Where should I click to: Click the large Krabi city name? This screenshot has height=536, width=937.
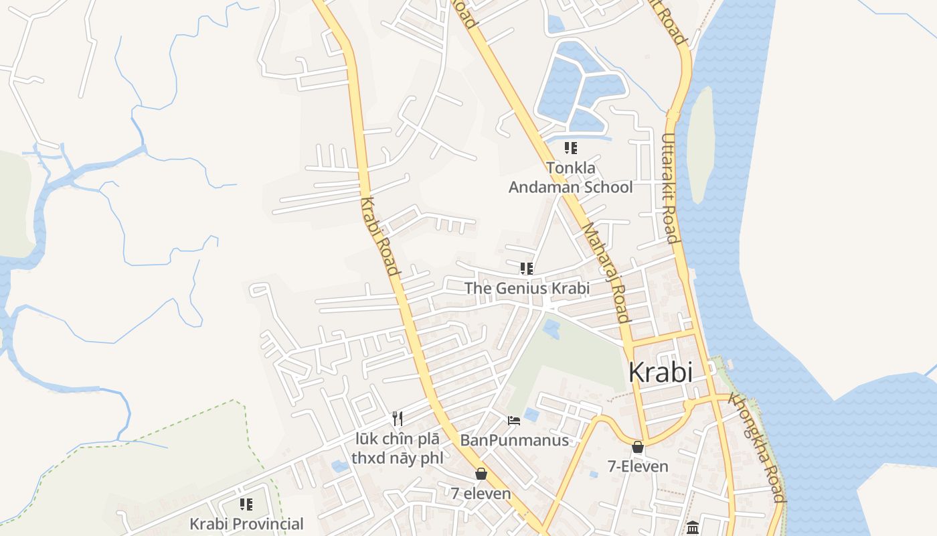tap(660, 373)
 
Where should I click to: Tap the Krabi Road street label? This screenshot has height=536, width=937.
tap(379, 237)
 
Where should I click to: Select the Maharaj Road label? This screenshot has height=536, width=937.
tap(606, 273)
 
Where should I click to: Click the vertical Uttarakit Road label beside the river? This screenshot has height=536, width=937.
tap(670, 188)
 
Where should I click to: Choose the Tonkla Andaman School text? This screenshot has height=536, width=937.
tap(570, 178)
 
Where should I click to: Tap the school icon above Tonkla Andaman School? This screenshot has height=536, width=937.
tap(570, 147)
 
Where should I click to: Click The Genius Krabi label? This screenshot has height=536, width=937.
tap(527, 288)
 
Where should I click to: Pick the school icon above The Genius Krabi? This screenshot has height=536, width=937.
tap(527, 269)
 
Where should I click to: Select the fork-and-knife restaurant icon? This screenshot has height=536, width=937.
tap(398, 419)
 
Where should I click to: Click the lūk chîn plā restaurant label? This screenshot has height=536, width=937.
tap(397, 449)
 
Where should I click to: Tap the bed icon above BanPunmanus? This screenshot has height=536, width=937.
tap(514, 421)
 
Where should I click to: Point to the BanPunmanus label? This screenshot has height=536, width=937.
tap(514, 440)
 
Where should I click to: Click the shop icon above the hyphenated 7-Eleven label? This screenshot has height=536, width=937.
tap(638, 447)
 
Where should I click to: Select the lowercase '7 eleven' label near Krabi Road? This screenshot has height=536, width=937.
tap(481, 494)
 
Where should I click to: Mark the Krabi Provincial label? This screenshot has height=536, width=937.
tap(246, 523)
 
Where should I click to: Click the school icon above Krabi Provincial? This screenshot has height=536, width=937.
tap(246, 504)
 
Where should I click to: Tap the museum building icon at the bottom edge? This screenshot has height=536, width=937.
tap(693, 528)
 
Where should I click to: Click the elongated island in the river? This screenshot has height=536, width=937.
tap(700, 144)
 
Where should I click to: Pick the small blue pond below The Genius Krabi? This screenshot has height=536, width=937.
tap(551, 328)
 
